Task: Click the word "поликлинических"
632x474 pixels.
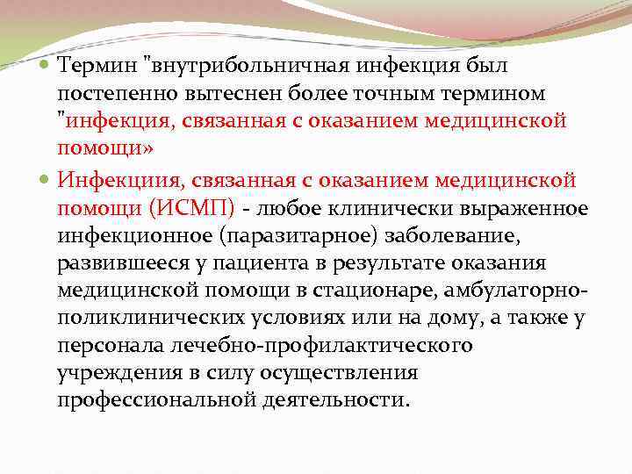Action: [140, 319]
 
